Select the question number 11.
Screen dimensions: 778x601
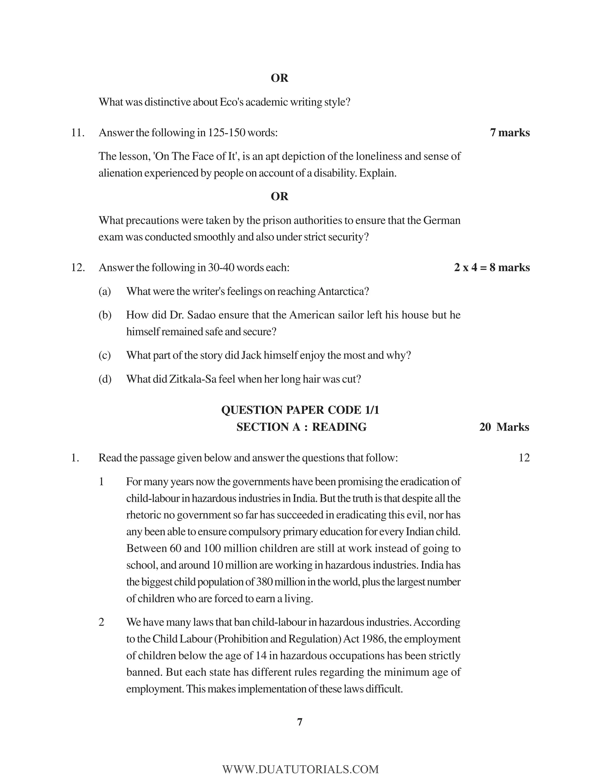[x=77, y=132]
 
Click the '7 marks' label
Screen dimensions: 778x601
[x=509, y=132]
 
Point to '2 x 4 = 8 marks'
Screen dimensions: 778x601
[x=492, y=267]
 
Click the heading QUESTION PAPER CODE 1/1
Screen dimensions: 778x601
[x=300, y=410]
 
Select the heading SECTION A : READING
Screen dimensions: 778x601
[x=301, y=427]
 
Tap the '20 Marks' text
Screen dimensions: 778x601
[x=504, y=427]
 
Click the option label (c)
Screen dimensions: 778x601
[x=104, y=355]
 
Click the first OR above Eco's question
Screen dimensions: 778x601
[x=279, y=78]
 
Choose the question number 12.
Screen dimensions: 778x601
[x=77, y=267]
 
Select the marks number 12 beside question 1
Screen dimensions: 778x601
[x=524, y=458]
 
